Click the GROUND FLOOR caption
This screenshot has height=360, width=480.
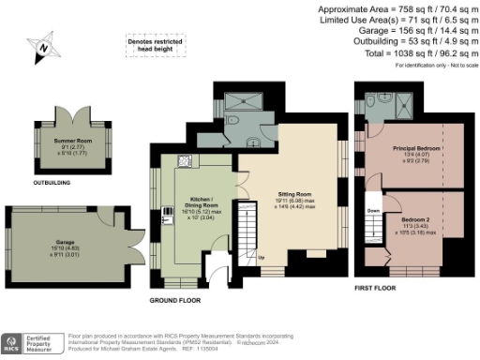point(174,301)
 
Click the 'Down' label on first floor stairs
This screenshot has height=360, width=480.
point(373,212)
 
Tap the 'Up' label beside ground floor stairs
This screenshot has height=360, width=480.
point(260,256)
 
